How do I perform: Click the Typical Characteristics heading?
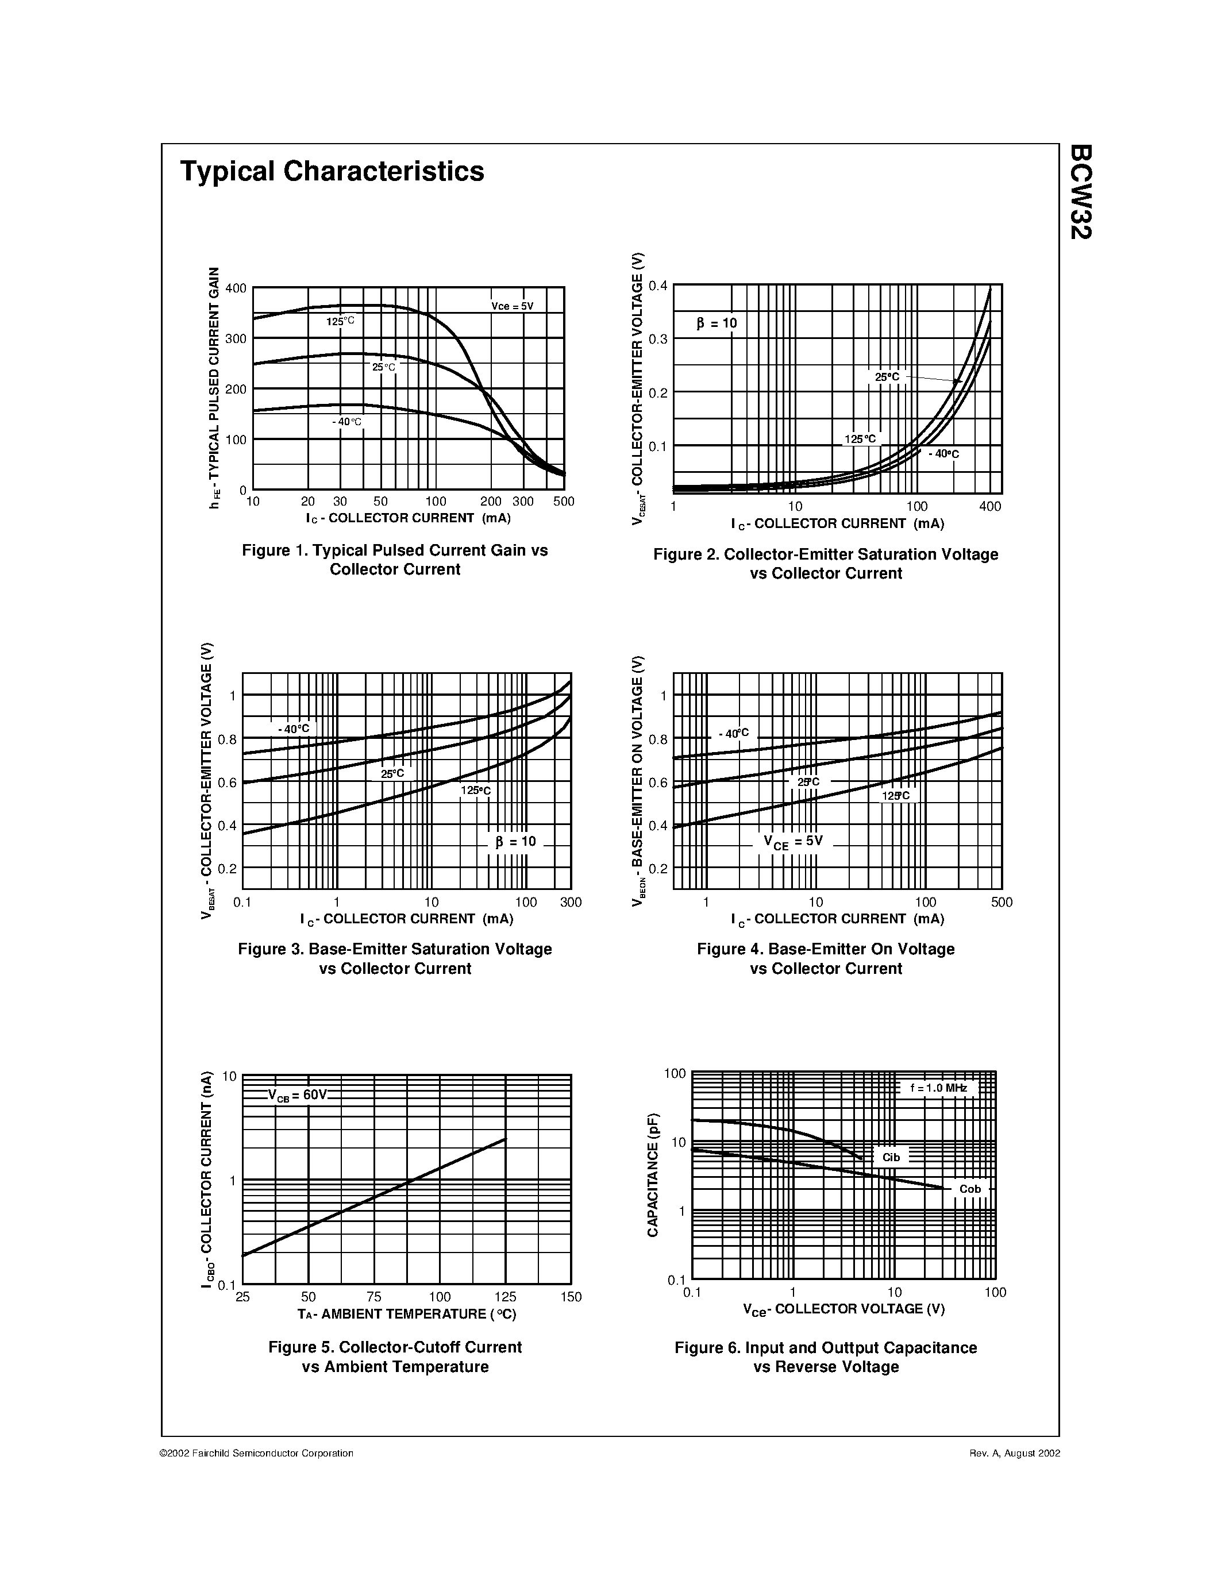click(332, 171)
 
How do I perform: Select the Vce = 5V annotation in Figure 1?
click(512, 306)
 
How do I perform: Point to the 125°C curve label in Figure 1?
click(340, 321)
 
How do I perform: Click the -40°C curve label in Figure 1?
click(347, 422)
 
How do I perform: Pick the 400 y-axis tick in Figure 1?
click(236, 288)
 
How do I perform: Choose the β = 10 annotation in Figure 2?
click(717, 323)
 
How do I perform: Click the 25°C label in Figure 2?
click(887, 377)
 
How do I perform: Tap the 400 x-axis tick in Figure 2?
click(990, 506)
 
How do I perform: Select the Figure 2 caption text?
click(825, 564)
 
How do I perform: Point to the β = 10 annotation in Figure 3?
click(516, 841)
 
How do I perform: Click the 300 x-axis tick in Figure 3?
click(571, 902)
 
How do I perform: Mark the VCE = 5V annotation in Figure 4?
click(793, 841)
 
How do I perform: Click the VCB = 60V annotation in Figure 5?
click(297, 1095)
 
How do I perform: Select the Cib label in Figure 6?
click(891, 1158)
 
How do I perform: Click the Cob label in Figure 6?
click(970, 1189)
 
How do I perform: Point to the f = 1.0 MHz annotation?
click(938, 1088)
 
